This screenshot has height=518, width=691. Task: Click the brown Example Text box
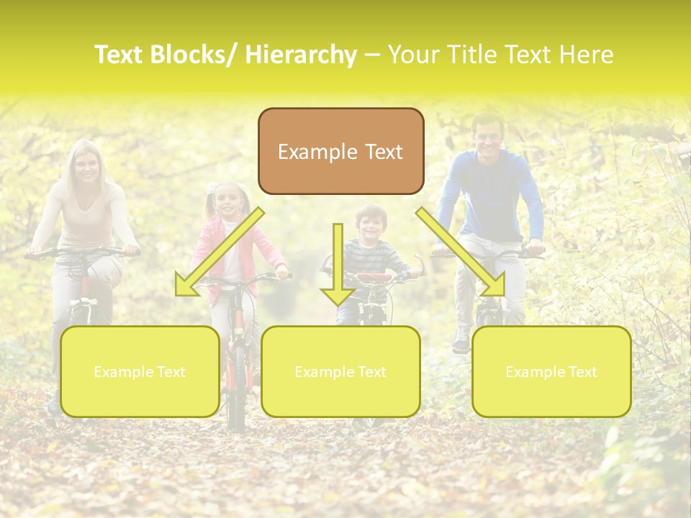(340, 151)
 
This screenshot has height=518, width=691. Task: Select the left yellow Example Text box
(140, 371)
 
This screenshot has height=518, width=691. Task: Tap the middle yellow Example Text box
(340, 371)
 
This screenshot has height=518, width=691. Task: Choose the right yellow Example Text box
(551, 371)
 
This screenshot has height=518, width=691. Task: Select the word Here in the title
(586, 55)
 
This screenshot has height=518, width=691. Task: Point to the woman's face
(87, 166)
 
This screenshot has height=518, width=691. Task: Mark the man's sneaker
(461, 340)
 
